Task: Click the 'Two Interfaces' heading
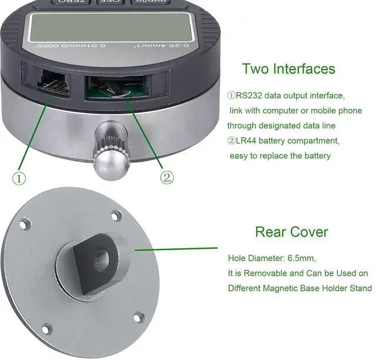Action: point(288,68)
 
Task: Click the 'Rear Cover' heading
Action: point(291,231)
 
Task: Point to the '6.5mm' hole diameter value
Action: point(309,258)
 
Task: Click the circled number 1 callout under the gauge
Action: point(19,177)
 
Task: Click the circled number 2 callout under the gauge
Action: point(167,177)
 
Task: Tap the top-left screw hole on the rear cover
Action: point(25,224)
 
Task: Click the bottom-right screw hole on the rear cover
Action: point(138,317)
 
